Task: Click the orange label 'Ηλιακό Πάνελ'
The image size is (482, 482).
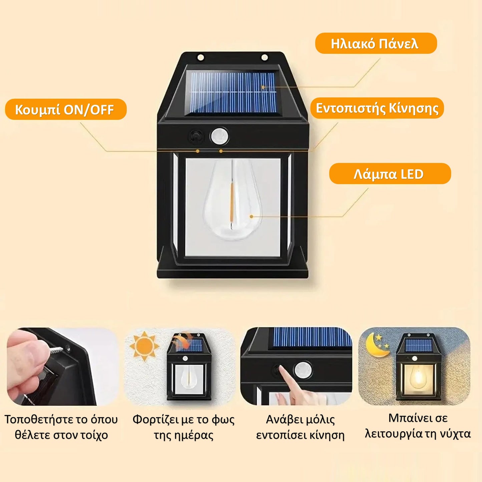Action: pyautogui.click(x=376, y=43)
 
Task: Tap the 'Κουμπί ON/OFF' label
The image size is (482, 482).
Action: pyautogui.click(x=66, y=109)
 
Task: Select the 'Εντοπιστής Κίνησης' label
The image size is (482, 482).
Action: pyautogui.click(x=377, y=108)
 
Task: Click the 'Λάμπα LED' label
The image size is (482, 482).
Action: pyautogui.click(x=390, y=173)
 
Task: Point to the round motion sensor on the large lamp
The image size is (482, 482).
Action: pyautogui.click(x=220, y=136)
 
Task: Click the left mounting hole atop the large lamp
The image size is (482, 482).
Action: pyautogui.click(x=200, y=57)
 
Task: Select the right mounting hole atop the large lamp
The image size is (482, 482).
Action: pyautogui.click(x=265, y=57)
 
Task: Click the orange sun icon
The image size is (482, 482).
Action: pyautogui.click(x=144, y=346)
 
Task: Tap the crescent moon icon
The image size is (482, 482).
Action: pyautogui.click(x=377, y=346)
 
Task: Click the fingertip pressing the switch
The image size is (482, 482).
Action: pyautogui.click(x=282, y=369)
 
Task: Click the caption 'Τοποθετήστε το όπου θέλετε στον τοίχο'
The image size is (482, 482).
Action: pyautogui.click(x=61, y=427)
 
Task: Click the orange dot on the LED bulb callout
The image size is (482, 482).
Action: pyautogui.click(x=252, y=216)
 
